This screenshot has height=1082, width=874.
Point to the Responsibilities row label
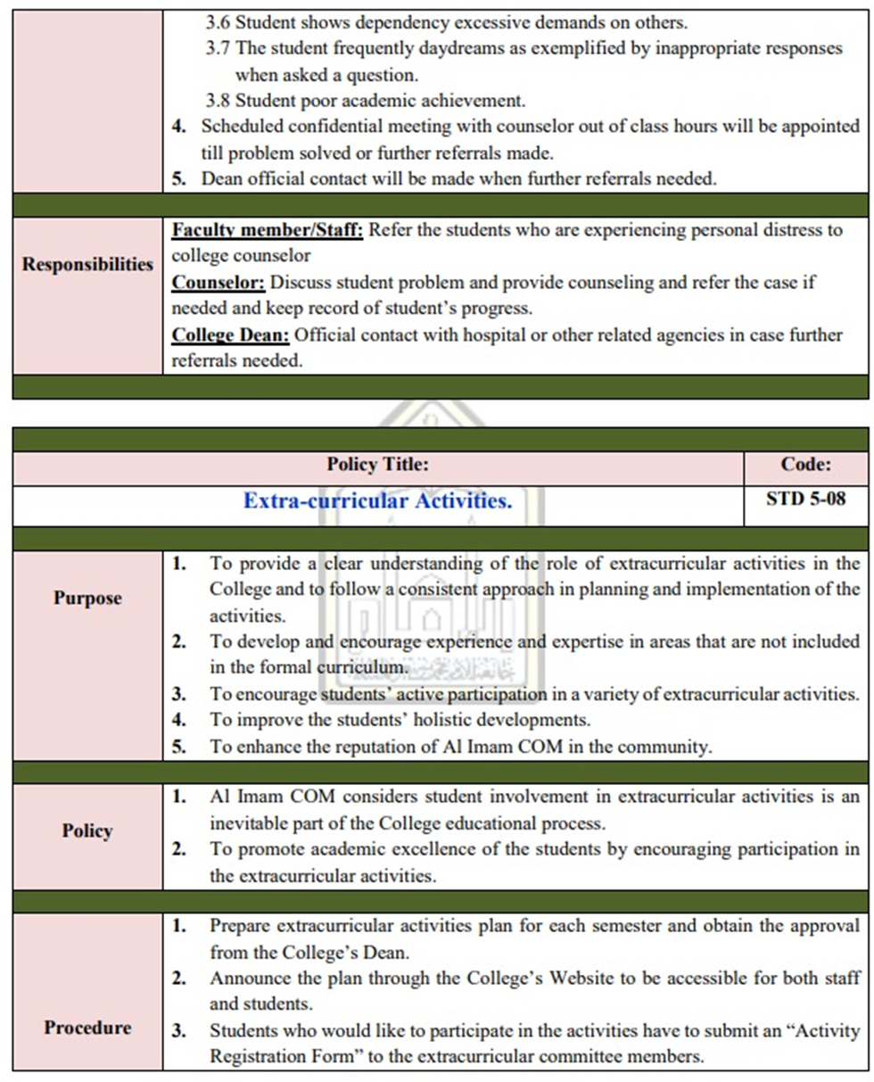[87, 265]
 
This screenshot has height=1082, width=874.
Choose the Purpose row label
[87, 598]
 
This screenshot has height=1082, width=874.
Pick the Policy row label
[87, 831]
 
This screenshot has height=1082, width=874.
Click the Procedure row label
[87, 1028]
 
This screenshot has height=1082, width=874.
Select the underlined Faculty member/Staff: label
[268, 231]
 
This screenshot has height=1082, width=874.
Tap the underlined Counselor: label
[218, 284]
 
